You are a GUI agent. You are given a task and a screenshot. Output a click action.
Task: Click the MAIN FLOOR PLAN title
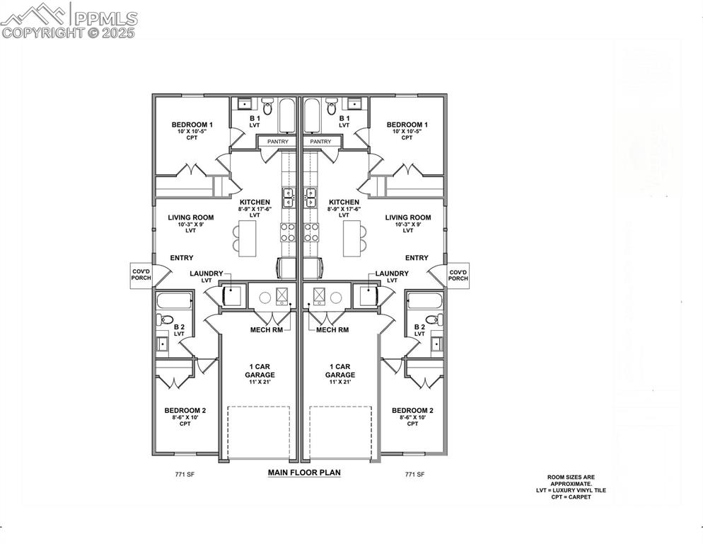point(304,472)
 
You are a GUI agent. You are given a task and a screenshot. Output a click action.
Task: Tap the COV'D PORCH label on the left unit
point(141,274)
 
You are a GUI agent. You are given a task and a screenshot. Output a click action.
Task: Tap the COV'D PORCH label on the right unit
point(458,274)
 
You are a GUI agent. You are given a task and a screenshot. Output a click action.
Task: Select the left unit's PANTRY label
point(272,142)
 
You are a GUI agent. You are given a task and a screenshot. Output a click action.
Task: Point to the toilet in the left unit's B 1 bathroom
point(267,107)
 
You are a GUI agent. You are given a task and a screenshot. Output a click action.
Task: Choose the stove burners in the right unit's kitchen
point(313,232)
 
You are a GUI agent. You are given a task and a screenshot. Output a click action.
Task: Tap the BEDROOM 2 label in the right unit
point(412,411)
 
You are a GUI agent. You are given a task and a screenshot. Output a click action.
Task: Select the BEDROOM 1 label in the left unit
point(192,125)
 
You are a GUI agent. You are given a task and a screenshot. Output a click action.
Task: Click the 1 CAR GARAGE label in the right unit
point(340,370)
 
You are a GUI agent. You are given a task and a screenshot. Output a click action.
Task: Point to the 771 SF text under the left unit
point(185,475)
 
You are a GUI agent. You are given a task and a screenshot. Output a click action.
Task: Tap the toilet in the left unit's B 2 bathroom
point(166,320)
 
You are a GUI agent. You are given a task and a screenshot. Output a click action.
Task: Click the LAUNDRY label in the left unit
point(207,273)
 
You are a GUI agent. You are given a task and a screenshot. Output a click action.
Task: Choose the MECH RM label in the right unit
point(332,330)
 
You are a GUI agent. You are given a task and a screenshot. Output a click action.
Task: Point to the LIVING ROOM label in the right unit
point(408,217)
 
